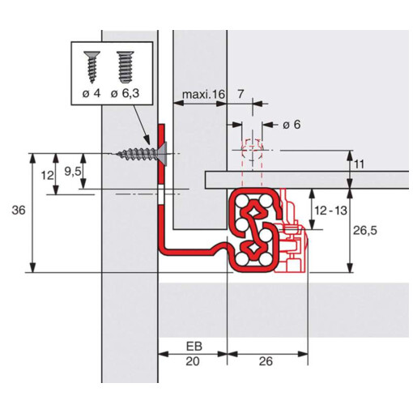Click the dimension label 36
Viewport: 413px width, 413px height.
19,211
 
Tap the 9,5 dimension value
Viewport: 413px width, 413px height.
73,171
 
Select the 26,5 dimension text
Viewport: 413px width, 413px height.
364,231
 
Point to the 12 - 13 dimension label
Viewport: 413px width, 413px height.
330,211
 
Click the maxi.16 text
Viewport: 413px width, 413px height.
203,94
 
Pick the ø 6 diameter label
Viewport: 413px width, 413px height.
292,125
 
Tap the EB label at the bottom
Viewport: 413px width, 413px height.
194,347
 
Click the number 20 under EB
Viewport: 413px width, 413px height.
193,361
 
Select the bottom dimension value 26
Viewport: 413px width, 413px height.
266,361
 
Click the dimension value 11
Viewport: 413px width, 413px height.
359,164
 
